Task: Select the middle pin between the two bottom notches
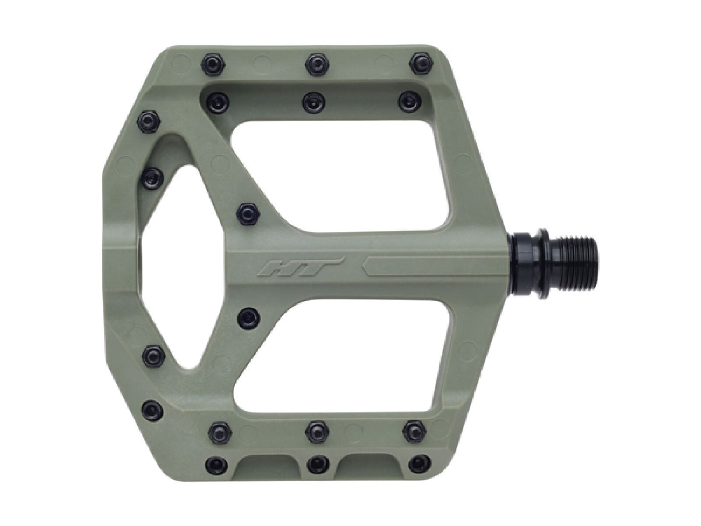click(315, 462)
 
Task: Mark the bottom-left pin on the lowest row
click(214, 462)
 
